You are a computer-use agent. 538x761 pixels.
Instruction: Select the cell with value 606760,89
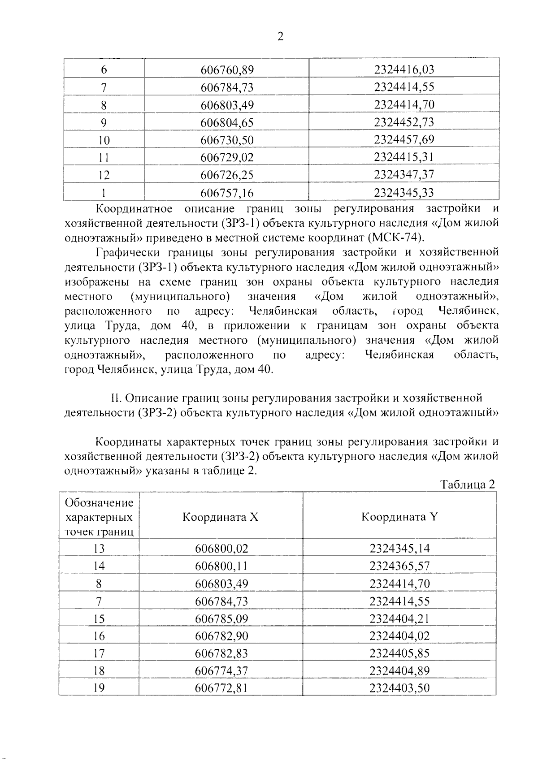[227, 70]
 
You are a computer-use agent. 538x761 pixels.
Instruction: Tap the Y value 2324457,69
[404, 139]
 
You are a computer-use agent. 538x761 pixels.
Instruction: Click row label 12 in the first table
[104, 175]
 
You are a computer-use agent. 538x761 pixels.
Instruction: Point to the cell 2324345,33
[404, 193]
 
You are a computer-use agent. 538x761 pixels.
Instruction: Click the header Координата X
[220, 517]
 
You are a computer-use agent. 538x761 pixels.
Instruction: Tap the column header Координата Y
[399, 517]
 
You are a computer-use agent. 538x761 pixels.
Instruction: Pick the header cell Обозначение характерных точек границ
[99, 517]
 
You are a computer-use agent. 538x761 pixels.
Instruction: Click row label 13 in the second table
[99, 549]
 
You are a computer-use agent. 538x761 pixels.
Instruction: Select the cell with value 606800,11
[221, 566]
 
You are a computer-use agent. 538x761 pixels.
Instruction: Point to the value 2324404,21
[399, 619]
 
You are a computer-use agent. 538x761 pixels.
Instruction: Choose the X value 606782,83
[221, 653]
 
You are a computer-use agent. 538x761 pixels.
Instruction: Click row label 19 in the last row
[99, 688]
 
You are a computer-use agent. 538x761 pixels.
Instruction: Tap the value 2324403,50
[399, 688]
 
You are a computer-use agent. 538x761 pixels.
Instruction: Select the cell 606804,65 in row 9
[227, 122]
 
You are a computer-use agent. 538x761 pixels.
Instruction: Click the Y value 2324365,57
[399, 566]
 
